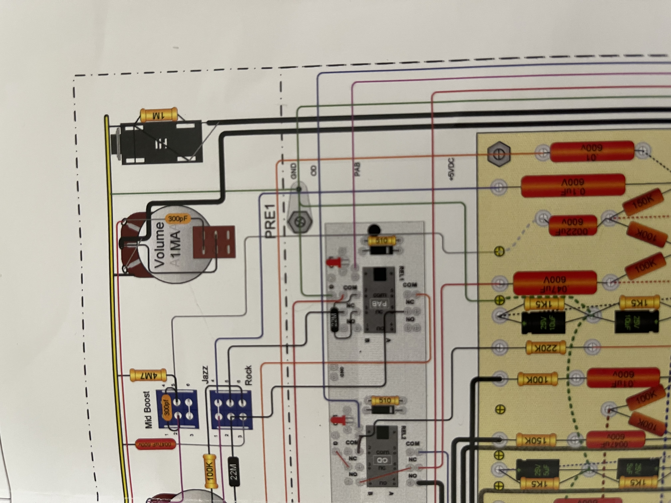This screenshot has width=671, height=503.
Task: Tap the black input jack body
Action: [161, 143]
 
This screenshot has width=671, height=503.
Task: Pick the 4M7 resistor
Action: [148, 375]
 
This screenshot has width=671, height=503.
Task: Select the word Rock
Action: [248, 375]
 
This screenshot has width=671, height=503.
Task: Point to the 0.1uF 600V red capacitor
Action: [573, 186]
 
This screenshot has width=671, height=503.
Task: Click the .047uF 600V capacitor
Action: [555, 283]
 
